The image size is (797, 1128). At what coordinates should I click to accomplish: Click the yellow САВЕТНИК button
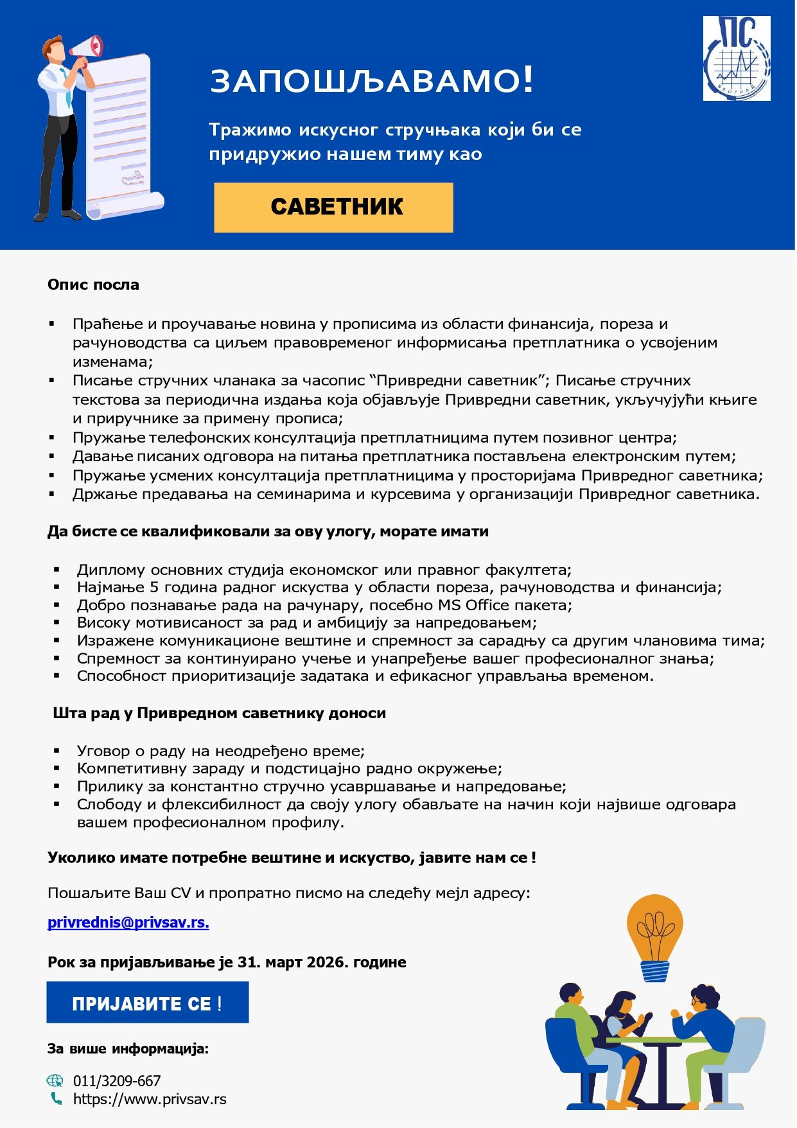(x=333, y=207)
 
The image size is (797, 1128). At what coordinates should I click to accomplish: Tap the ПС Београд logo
(x=736, y=58)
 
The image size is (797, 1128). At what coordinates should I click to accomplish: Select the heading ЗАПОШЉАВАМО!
(x=372, y=81)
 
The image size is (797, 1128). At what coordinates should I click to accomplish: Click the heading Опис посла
(x=93, y=285)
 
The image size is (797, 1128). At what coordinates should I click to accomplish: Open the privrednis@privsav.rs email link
(x=128, y=922)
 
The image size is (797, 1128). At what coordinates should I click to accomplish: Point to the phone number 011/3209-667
(x=117, y=1081)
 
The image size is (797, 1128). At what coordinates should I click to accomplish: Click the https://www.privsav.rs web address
(x=150, y=1099)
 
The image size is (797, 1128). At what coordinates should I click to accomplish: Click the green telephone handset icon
(x=57, y=1099)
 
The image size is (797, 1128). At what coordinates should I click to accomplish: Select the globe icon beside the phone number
(x=56, y=1080)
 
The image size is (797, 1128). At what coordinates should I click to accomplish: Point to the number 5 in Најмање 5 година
(x=154, y=587)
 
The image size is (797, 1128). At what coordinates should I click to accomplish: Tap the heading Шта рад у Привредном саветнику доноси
(x=219, y=713)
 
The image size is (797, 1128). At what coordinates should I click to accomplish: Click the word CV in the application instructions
(x=181, y=893)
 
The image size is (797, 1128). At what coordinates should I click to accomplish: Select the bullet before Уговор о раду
(x=57, y=750)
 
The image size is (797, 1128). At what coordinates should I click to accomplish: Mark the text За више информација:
(x=128, y=1049)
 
